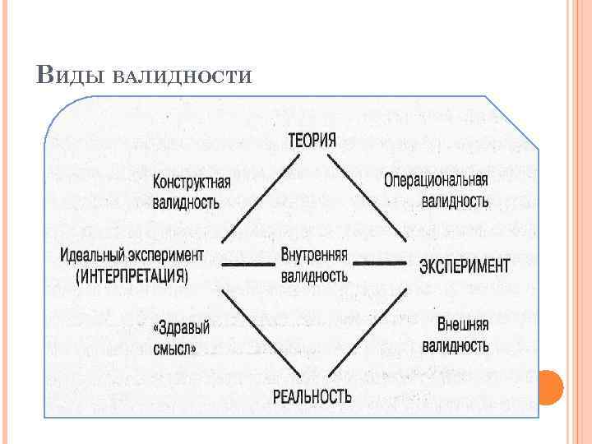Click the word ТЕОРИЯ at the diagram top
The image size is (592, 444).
pos(312,139)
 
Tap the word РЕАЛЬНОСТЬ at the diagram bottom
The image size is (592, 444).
pos(312,396)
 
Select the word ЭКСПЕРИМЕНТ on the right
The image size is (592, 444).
pos(465,266)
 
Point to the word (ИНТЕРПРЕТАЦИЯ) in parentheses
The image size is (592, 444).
pos(132,275)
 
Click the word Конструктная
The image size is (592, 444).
pos(192,181)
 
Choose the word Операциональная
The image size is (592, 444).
pos(436,180)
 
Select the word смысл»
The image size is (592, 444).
pos(174,348)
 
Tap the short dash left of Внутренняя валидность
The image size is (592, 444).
pos(247,265)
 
